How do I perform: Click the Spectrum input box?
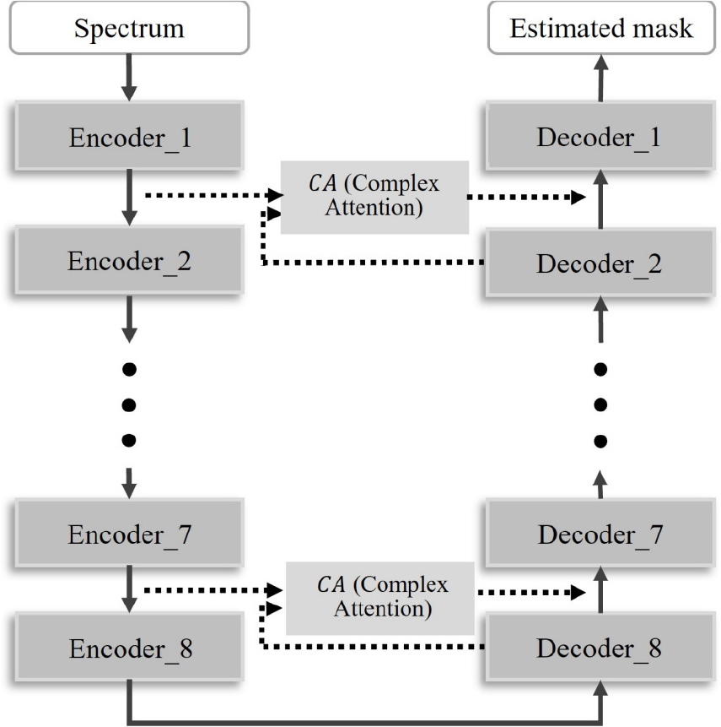click(129, 28)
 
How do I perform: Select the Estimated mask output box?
click(601, 28)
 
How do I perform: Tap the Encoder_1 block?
click(129, 136)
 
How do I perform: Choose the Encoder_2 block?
click(129, 260)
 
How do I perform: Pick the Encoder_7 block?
click(129, 533)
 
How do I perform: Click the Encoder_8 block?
click(129, 647)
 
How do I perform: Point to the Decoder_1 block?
click(600, 136)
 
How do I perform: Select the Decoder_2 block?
click(600, 263)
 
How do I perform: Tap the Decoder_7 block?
click(600, 533)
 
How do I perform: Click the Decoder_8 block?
click(600, 647)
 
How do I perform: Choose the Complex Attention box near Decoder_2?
click(374, 197)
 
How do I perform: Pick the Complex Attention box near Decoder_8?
click(380, 598)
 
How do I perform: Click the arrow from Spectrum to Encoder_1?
click(129, 78)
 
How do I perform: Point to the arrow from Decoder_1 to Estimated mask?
click(600, 78)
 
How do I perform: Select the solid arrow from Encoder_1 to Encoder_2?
click(129, 198)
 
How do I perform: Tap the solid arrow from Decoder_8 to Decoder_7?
click(600, 589)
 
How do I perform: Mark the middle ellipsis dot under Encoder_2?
click(129, 404)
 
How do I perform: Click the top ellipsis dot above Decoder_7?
click(600, 369)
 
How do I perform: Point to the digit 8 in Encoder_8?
click(186, 648)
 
